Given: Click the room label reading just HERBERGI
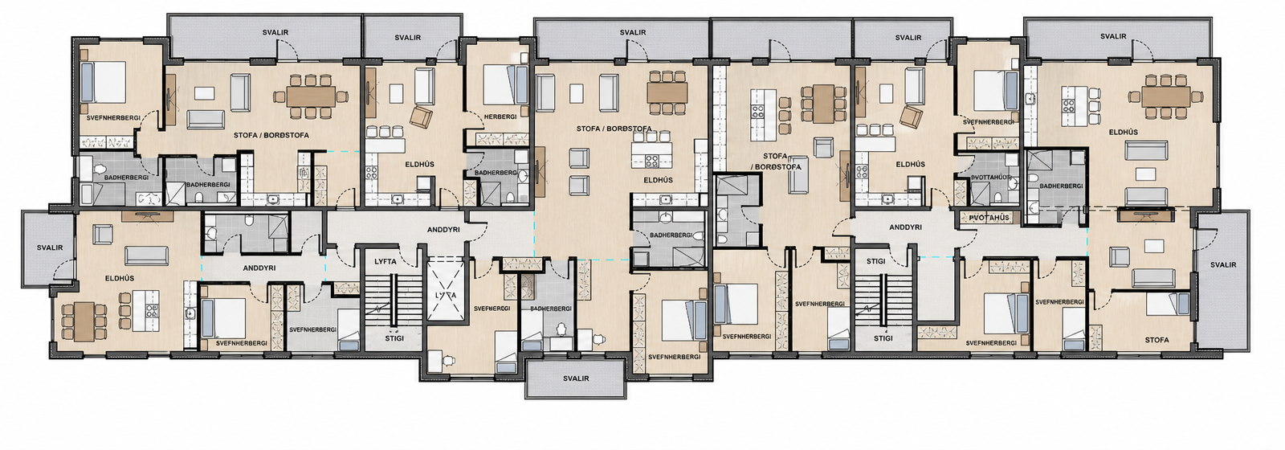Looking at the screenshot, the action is tap(500, 117).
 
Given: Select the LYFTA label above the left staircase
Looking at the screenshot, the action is tap(385, 262).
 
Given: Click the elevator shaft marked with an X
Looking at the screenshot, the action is tap(446, 294).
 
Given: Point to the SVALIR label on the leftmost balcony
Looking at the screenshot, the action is tap(50, 248).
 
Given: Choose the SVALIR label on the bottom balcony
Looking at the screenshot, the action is tap(576, 378).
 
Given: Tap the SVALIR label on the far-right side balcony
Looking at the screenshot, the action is tap(1223, 265).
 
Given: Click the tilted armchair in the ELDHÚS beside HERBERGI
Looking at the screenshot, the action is tap(422, 117).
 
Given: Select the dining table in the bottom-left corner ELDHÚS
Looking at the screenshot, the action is tap(84, 321).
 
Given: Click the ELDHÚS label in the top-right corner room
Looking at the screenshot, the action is tap(1124, 132).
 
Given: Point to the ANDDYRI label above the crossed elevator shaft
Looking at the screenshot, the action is tap(444, 230).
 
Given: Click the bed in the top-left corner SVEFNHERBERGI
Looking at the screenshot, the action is tap(104, 83).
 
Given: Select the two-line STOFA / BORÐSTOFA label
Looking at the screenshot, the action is tap(775, 162).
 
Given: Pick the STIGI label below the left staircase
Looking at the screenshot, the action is tap(394, 338).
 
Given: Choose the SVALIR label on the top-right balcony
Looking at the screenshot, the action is tap(1113, 37).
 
